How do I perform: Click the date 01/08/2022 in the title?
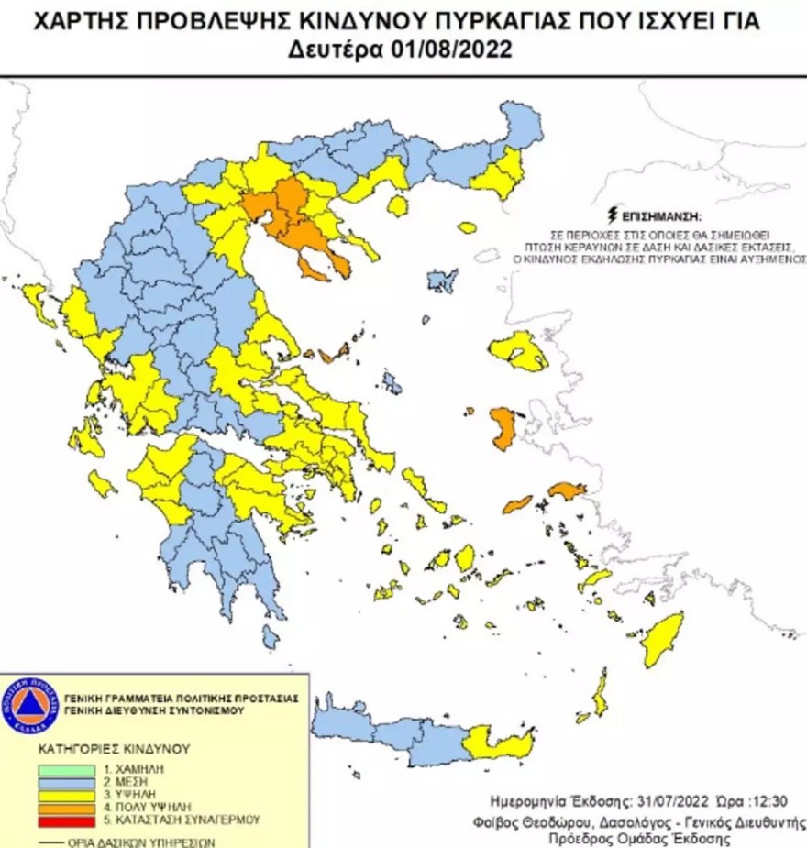coord(459,51)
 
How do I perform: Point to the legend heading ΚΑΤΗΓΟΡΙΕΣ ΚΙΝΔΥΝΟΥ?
coord(101,747)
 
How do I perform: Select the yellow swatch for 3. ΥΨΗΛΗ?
coord(66,796)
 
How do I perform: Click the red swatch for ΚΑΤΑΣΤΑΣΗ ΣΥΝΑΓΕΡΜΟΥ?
coord(66,820)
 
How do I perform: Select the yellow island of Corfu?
coord(38,303)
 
